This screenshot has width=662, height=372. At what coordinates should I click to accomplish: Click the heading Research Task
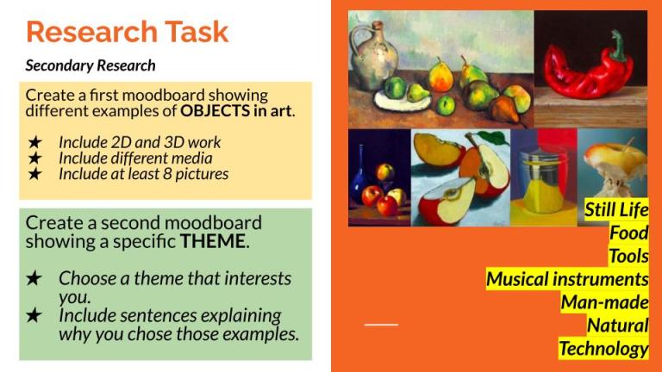[x=127, y=32]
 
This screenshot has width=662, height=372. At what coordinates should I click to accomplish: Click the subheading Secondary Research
[x=91, y=65]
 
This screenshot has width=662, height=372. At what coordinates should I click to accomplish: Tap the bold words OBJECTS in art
[x=236, y=110]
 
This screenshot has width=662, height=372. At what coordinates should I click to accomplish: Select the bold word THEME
[x=213, y=241]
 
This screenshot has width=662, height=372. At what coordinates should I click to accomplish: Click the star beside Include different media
[x=34, y=158]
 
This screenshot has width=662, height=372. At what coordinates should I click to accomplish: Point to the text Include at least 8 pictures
[x=143, y=173]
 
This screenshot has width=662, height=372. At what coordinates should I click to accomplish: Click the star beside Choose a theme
[x=34, y=278]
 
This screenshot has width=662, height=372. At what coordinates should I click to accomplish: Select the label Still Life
[x=615, y=210]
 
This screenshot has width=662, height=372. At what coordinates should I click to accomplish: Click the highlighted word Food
[x=628, y=233]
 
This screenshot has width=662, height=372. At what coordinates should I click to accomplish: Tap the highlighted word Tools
[x=628, y=256]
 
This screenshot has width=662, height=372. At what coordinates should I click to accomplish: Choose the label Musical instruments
[x=566, y=279]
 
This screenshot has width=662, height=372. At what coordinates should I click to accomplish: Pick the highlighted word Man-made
[x=604, y=302]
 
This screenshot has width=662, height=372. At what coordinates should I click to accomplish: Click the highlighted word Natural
[x=617, y=325]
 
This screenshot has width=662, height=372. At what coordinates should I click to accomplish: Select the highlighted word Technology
[x=603, y=349]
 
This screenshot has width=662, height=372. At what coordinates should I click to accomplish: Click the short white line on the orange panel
[x=381, y=325]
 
